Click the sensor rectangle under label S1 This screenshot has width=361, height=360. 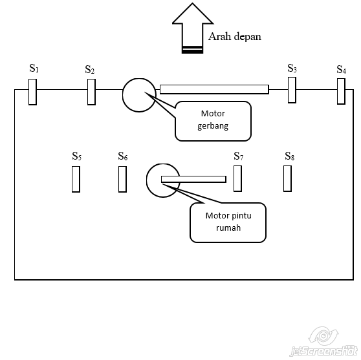coord(32,92)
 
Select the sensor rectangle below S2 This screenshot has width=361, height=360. coord(91,92)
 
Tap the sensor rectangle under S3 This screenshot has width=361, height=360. coord(292,90)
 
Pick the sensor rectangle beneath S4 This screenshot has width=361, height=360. coord(341,91)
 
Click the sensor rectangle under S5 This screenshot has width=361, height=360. coord(76,179)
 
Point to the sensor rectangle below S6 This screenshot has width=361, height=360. coord(122,179)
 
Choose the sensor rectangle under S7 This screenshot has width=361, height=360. coord(237,178)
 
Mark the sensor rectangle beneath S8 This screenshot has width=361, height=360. coord(287,178)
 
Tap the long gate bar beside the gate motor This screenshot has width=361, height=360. coord(214,89)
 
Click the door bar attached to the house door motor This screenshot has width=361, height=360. coord(193,179)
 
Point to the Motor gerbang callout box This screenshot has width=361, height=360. coord(213,121)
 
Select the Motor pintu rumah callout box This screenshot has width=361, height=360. coord(228,223)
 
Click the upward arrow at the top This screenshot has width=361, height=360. coord(193,28)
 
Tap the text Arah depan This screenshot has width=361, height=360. coord(235,37)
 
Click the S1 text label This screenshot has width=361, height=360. coord(34,68)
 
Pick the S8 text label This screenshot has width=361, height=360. coord(290,156)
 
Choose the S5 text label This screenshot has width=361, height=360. coord(77,156)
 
